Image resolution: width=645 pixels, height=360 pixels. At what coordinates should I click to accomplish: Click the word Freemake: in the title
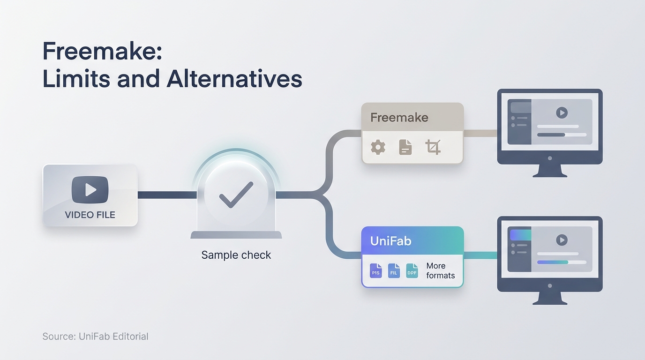coord(102,51)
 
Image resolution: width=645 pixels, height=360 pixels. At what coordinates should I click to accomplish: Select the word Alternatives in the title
coord(234,79)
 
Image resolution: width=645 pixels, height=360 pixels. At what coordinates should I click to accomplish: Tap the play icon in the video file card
coord(90,190)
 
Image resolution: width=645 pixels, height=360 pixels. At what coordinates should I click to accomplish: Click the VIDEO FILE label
coord(90,215)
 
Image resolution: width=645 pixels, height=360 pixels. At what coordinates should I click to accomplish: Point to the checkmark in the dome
coord(236,195)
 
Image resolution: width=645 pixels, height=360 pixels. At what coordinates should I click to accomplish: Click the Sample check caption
coord(236,255)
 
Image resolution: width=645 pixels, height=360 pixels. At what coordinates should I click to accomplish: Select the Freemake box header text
coord(399,118)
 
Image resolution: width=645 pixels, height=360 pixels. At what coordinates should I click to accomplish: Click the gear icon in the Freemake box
coord(378,147)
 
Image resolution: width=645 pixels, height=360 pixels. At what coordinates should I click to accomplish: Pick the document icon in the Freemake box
coord(405,147)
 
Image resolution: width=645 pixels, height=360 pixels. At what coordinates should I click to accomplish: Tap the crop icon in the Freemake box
coord(433,147)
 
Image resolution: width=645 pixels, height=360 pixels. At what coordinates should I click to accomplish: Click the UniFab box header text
coord(391,241)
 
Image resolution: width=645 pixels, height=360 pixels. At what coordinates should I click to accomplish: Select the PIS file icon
coord(376,271)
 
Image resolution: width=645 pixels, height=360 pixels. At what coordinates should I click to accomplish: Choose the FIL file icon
coord(394,271)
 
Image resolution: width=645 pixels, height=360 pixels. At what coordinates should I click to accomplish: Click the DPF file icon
coord(412,271)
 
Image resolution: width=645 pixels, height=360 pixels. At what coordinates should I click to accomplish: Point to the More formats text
coord(441,271)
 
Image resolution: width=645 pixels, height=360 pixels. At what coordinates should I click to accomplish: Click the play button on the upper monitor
coord(562,112)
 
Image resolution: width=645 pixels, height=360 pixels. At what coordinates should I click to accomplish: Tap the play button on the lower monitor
coord(562,240)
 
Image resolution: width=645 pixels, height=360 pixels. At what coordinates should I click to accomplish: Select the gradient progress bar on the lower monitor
coord(553,262)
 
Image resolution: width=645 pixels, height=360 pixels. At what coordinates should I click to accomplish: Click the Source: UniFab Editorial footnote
coord(95,337)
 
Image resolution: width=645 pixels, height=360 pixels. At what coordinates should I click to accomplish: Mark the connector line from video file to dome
coord(167,195)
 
